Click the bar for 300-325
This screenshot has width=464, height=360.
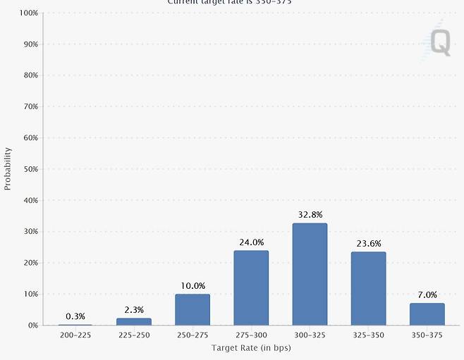[x=310, y=274]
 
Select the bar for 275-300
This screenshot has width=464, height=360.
[x=251, y=287]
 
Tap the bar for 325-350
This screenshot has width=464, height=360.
[x=368, y=288]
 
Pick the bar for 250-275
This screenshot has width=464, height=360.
[x=193, y=309]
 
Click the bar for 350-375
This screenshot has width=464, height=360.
[x=427, y=314]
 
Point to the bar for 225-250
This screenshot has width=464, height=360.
[x=134, y=321]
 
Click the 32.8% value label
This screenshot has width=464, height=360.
[x=310, y=215]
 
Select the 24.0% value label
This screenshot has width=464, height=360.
[x=251, y=242]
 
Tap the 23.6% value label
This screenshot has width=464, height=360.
[x=368, y=244]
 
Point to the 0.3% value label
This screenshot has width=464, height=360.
[x=75, y=316]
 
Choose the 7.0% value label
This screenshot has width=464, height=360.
[x=427, y=295]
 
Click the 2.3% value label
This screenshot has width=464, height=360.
[x=134, y=310]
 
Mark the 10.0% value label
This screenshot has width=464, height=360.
[x=193, y=286]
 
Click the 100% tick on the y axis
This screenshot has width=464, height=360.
[x=28, y=13]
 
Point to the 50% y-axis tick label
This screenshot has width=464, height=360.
[x=30, y=169]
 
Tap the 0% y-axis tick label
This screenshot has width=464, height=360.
[x=32, y=325]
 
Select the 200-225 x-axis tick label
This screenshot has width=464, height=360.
[x=75, y=335]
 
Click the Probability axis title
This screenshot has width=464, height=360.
[x=8, y=168]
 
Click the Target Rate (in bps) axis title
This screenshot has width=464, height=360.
[x=251, y=348]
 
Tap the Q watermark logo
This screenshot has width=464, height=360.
[x=440, y=43]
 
